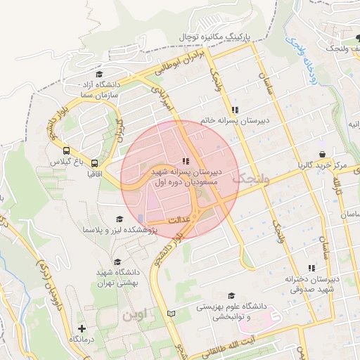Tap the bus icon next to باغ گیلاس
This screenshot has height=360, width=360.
(x=66, y=150)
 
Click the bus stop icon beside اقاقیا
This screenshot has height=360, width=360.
(x=94, y=163)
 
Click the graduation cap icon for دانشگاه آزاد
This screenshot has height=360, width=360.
(x=99, y=75)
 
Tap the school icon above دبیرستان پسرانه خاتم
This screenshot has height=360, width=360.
(x=234, y=110)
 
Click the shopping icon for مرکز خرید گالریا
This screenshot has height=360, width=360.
(x=322, y=155)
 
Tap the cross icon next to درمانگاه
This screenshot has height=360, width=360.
(x=82, y=328)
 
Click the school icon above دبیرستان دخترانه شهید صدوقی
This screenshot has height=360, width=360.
(x=311, y=268)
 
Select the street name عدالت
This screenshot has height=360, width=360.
(x=177, y=220)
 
